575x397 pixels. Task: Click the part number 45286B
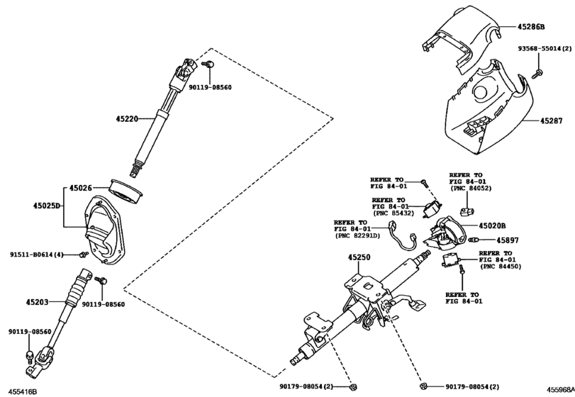coord(531,28)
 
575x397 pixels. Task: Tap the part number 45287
coord(554,122)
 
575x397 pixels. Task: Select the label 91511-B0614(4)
coord(36,255)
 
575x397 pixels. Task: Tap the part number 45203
coord(37,302)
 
